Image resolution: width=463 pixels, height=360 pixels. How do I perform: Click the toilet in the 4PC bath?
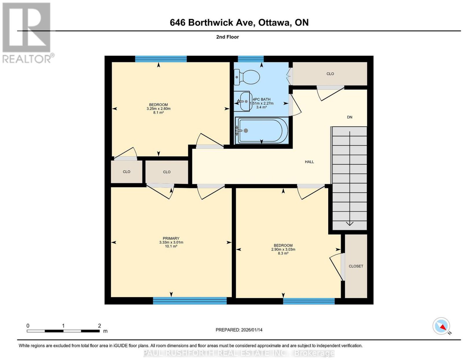tap(247, 77)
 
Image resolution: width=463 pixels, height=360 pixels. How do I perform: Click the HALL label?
tap(309, 162)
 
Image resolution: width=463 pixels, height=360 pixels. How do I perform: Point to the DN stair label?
tap(350, 117)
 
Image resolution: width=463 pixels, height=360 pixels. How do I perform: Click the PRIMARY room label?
tap(171, 238)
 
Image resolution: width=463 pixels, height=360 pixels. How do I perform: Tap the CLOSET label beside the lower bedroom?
tap(356, 266)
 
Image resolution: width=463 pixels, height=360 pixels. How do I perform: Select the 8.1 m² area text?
tap(158, 112)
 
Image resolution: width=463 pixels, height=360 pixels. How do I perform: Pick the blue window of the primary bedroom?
tap(190, 301)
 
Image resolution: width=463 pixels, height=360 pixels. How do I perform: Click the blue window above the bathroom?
tap(251, 59)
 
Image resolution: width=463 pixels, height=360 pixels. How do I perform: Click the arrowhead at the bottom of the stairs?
tap(350, 224)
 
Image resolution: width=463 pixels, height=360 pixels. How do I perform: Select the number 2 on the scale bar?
tap(99, 326)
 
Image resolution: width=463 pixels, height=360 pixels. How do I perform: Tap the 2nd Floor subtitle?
tap(227, 37)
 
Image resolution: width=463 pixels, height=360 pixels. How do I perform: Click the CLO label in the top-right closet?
tap(330, 74)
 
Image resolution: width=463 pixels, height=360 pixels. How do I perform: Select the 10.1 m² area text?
tap(171, 246)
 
